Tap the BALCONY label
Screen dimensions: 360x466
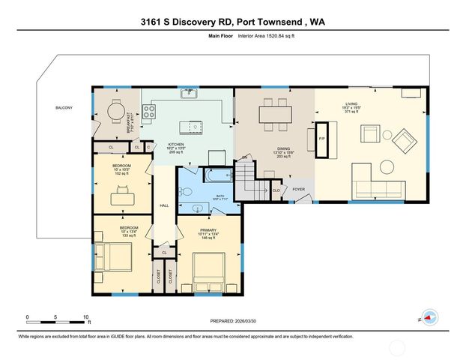[64, 108]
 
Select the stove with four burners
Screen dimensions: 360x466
[150, 113]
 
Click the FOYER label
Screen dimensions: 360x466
[299, 190]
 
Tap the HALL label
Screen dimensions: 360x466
[164, 205]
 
